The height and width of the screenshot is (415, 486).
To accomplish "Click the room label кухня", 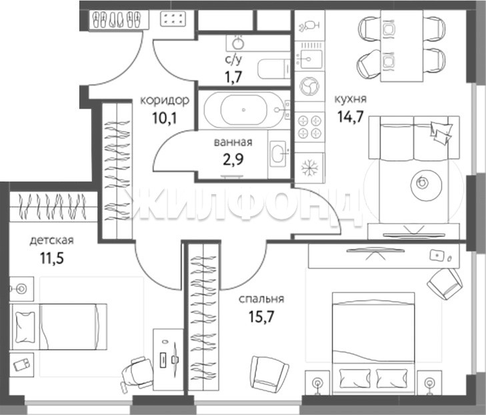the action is pos(350,99).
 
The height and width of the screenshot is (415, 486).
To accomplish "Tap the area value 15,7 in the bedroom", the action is pos(261,316).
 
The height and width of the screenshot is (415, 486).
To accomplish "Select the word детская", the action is pos(51,240).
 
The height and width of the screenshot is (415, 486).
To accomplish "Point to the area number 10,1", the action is pos(165,118).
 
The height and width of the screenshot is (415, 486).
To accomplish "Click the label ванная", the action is pos(233,142).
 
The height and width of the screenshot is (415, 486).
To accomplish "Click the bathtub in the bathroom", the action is pos(244,109).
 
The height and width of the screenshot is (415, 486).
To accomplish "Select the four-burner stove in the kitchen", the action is pos(309,127).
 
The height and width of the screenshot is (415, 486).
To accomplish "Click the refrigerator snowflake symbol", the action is pos(309,167).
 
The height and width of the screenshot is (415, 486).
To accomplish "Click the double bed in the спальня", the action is pos(373,344).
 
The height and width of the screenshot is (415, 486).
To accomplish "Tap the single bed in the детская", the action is pos(58,327).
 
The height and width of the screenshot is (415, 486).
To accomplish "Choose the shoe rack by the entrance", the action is pos(117,20).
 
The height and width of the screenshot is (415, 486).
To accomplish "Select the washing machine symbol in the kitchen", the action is pos(309,86).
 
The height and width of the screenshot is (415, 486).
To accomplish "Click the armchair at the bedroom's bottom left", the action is pos(269,374).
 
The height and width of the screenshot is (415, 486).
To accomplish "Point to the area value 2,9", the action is pos(233,159).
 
